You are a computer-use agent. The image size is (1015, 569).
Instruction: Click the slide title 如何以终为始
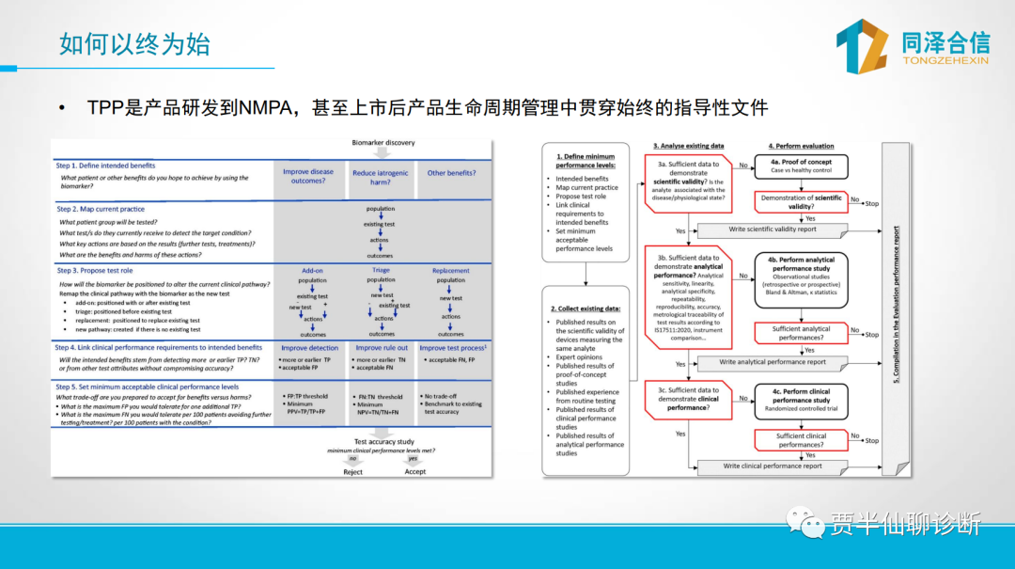coord(134,43)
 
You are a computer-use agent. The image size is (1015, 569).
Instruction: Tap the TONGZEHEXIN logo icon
coord(862,46)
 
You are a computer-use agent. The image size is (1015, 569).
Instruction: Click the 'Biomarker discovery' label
coord(383,143)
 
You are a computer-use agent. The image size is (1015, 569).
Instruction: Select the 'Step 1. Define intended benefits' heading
coord(105,166)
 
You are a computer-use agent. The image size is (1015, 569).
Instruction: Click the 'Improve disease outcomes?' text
coord(308,177)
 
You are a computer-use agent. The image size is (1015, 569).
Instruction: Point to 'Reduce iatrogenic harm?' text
coord(381,178)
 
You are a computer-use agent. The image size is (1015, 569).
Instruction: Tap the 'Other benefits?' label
coord(451,173)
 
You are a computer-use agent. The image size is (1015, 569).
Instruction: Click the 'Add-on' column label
coord(312,270)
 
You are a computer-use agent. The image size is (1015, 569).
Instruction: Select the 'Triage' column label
coord(381,270)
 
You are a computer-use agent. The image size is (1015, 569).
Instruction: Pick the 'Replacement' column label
coord(451,270)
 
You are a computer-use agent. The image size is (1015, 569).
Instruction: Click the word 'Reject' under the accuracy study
coord(352,472)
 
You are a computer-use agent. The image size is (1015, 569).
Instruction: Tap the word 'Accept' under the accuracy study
coord(415,472)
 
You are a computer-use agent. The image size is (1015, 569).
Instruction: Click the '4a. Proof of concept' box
coord(801,166)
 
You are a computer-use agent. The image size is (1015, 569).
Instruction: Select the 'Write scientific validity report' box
coord(772,229)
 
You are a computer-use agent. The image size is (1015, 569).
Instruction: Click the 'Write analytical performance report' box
coord(773,362)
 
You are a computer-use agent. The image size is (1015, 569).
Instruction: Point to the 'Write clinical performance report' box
coord(773,466)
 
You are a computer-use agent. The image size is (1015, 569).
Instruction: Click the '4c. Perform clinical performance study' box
coord(801,400)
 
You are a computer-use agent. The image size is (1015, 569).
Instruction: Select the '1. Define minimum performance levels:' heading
coord(585,161)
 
